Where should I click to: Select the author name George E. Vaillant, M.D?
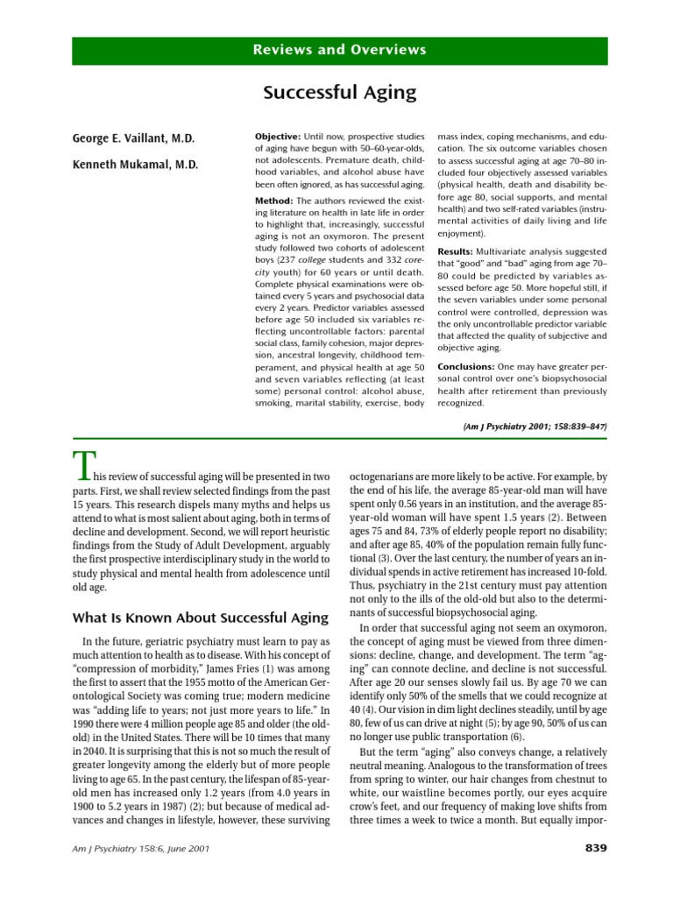[x=133, y=138]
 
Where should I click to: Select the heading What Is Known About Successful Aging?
[x=200, y=618]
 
